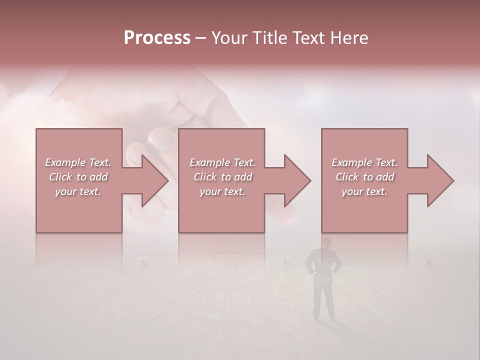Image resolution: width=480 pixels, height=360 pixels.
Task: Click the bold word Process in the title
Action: click(157, 38)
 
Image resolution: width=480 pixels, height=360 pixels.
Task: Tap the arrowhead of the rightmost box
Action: click(439, 180)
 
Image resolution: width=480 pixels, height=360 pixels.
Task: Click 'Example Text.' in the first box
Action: click(78, 162)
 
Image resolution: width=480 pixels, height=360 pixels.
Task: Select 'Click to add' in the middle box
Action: click(222, 177)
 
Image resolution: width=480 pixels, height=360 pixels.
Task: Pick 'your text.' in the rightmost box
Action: click(364, 191)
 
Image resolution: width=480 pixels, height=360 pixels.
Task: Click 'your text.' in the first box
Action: click(78, 191)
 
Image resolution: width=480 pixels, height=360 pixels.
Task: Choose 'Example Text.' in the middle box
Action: click(222, 162)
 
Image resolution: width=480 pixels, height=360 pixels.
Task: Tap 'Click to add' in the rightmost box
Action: click(364, 177)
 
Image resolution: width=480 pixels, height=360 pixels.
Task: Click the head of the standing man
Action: click(326, 242)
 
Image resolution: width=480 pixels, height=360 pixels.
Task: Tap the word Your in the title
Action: click(228, 38)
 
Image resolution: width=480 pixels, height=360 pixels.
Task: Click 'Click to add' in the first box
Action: click(78, 177)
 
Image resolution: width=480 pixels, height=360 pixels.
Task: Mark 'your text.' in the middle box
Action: click(222, 191)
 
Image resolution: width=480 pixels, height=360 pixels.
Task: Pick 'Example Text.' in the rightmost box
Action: click(364, 162)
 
